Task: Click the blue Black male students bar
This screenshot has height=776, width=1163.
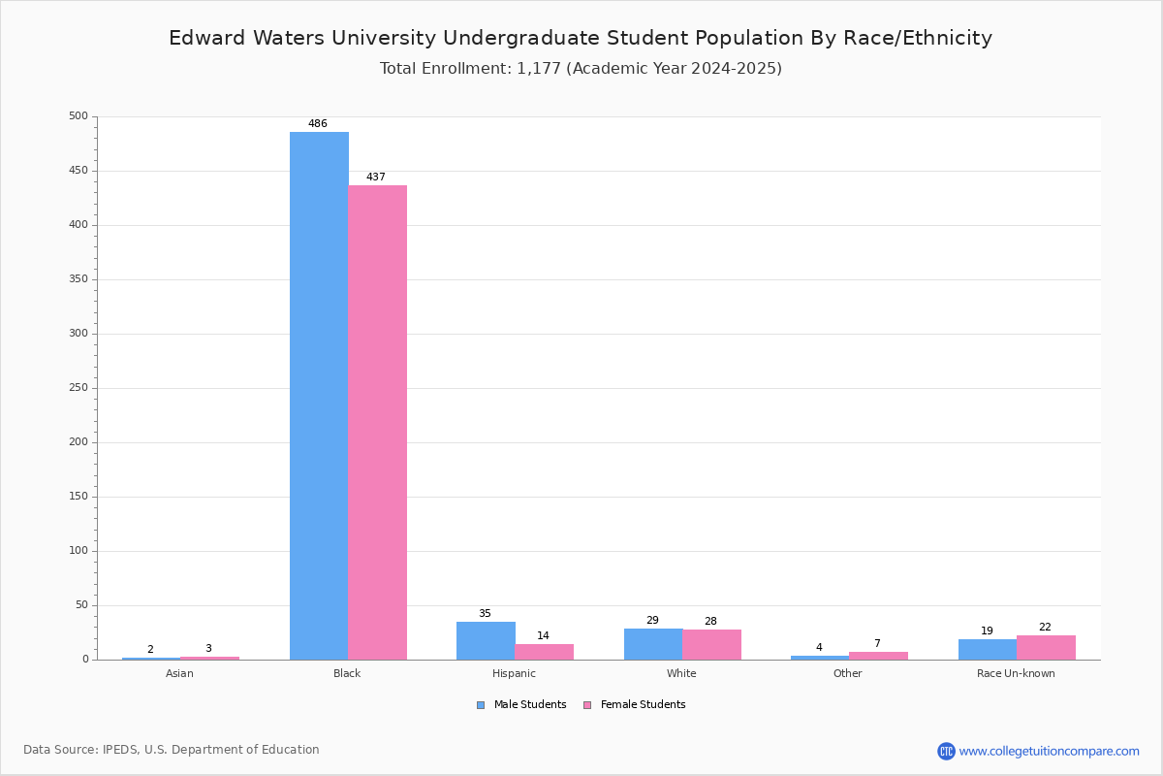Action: [319, 396]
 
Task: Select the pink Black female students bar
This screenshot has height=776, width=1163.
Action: [377, 422]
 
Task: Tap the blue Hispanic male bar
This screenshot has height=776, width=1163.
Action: [486, 640]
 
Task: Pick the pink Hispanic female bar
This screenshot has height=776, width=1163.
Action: [544, 652]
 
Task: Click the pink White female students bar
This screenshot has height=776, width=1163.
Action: [711, 644]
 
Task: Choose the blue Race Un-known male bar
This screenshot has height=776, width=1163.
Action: [988, 649]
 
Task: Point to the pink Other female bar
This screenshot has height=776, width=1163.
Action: [878, 656]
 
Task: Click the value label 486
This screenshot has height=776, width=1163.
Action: [318, 124]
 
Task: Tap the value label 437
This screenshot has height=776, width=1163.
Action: [376, 178]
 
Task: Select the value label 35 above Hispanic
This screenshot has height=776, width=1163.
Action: [485, 613]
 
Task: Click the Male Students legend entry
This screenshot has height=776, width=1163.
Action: [521, 705]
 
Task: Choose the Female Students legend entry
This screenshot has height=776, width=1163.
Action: [635, 705]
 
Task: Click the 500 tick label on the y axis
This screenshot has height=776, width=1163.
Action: [79, 115]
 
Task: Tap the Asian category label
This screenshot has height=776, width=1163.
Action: [179, 673]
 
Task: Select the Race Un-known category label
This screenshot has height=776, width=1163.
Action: [1016, 673]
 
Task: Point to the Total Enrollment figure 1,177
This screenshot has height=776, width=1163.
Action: [539, 69]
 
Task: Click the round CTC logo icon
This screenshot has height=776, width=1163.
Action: [946, 751]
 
